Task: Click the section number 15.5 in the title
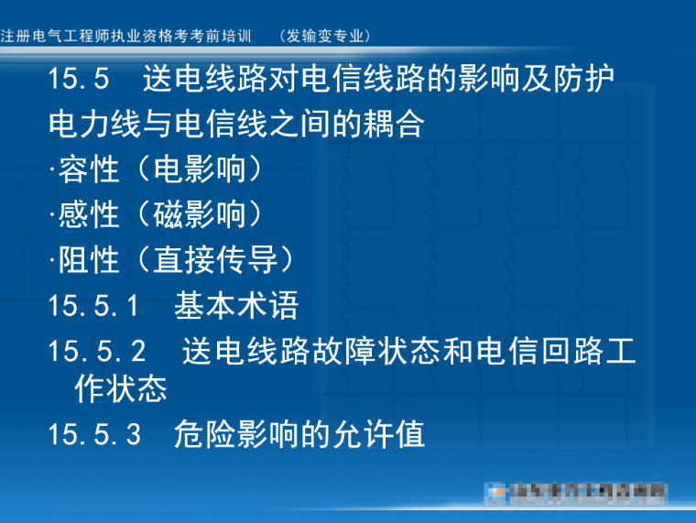(x=79, y=80)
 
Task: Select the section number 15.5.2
(x=98, y=352)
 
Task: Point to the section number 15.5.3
(x=94, y=434)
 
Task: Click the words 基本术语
(x=236, y=306)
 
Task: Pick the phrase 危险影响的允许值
(x=299, y=434)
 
